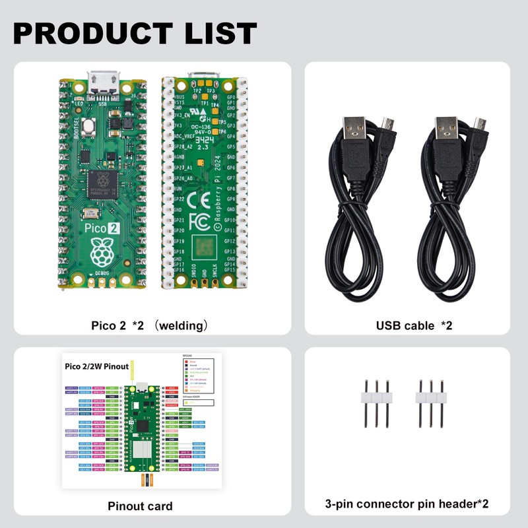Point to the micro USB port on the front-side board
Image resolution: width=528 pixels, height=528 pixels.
click(x=103, y=83)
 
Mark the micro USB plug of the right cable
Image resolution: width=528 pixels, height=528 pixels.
click(x=480, y=125)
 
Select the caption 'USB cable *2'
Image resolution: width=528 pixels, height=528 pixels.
click(x=414, y=325)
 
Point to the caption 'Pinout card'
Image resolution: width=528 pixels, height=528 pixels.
click(x=140, y=506)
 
